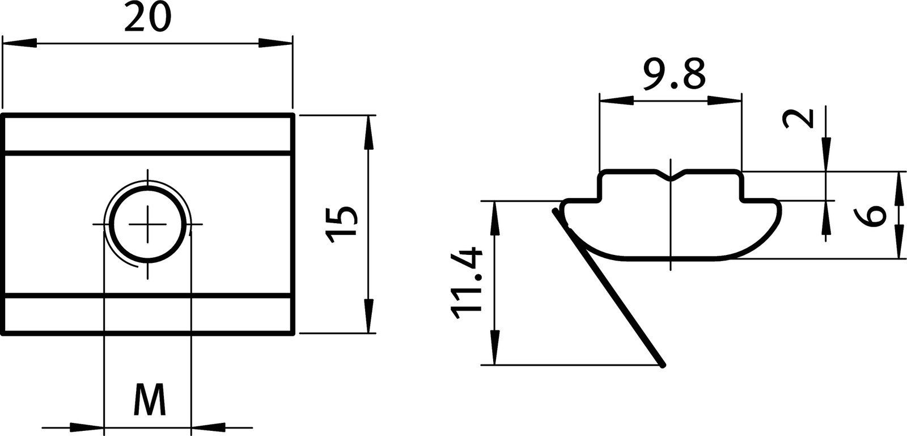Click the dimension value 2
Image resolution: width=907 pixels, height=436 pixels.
(x=798, y=118)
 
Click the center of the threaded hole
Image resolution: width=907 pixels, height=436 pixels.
(x=149, y=225)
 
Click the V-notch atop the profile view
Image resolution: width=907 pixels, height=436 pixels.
(x=671, y=178)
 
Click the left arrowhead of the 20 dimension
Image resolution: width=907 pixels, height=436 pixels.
(x=20, y=43)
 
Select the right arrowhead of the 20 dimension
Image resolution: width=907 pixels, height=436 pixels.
(x=276, y=43)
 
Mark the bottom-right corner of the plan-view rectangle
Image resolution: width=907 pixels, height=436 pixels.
(x=294, y=333)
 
